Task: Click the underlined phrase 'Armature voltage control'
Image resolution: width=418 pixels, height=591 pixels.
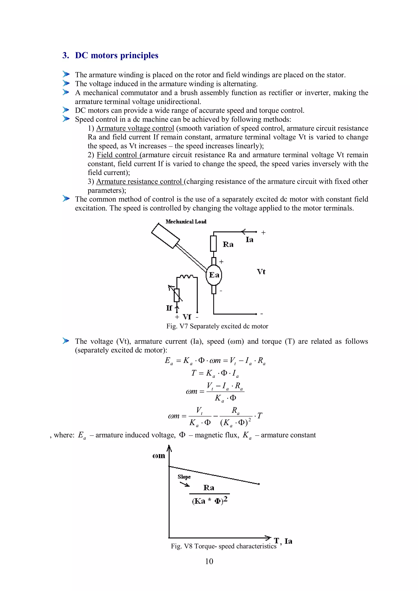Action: [135, 128]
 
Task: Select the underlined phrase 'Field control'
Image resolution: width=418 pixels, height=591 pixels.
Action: [117, 155]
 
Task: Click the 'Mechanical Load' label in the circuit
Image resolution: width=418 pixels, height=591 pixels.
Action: [186, 222]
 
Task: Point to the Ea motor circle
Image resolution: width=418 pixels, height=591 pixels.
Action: [214, 275]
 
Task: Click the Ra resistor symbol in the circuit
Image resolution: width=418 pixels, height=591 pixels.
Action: [213, 243]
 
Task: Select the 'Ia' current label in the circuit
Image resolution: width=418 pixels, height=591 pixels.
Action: [249, 240]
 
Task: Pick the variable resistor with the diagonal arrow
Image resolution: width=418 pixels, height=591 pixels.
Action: [176, 295]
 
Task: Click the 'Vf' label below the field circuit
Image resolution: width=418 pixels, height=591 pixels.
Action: [187, 317]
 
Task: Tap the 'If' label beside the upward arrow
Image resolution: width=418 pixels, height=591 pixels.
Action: [169, 308]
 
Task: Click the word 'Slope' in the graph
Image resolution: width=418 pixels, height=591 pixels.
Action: [184, 477]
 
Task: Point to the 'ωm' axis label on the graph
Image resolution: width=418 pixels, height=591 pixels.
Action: [159, 456]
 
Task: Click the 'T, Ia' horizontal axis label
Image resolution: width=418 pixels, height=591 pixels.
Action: [283, 541]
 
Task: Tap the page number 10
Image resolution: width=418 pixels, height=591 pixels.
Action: [209, 561]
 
